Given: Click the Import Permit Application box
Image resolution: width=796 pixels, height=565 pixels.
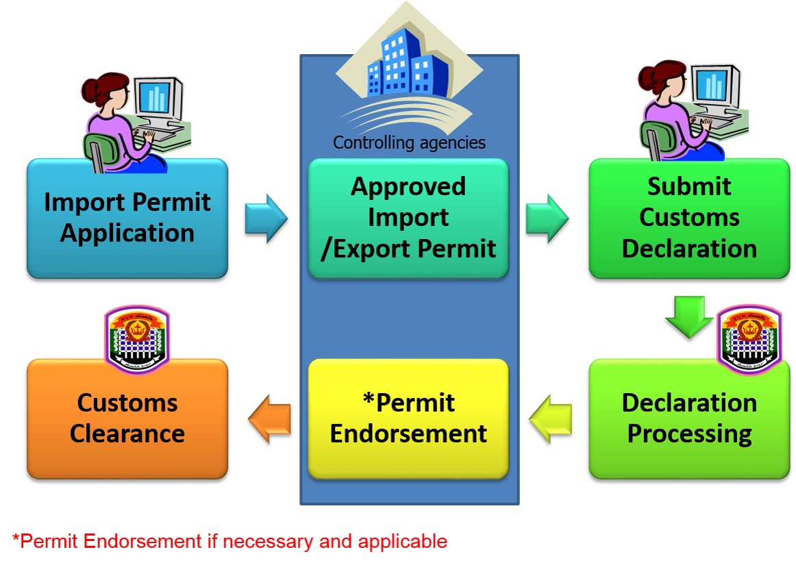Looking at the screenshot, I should click(127, 218).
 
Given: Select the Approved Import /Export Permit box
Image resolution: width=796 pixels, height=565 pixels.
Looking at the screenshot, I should click(408, 218).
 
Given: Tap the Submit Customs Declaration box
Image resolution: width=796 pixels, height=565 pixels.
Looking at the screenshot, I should click(689, 218).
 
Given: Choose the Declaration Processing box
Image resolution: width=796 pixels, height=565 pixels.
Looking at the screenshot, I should click(689, 418).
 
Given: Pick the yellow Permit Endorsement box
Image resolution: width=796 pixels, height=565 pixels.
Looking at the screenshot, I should click(408, 418).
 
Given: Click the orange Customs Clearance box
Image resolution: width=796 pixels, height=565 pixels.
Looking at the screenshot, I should click(127, 418).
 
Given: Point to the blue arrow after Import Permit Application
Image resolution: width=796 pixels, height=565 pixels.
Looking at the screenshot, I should click(266, 218).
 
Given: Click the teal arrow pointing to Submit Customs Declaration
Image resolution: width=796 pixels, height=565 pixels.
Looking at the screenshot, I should click(547, 218).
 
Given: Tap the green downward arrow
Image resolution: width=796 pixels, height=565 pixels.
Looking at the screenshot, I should click(689, 316).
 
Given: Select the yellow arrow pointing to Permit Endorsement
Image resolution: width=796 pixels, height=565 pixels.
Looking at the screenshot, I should click(550, 418).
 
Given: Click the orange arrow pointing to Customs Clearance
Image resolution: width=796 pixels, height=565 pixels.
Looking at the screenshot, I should click(269, 418).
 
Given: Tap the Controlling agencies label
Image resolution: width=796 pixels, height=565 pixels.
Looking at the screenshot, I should click(409, 142).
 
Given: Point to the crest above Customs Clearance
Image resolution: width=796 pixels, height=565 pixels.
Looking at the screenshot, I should click(136, 338).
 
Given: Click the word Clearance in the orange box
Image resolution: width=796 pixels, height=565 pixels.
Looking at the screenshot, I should click(127, 434).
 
